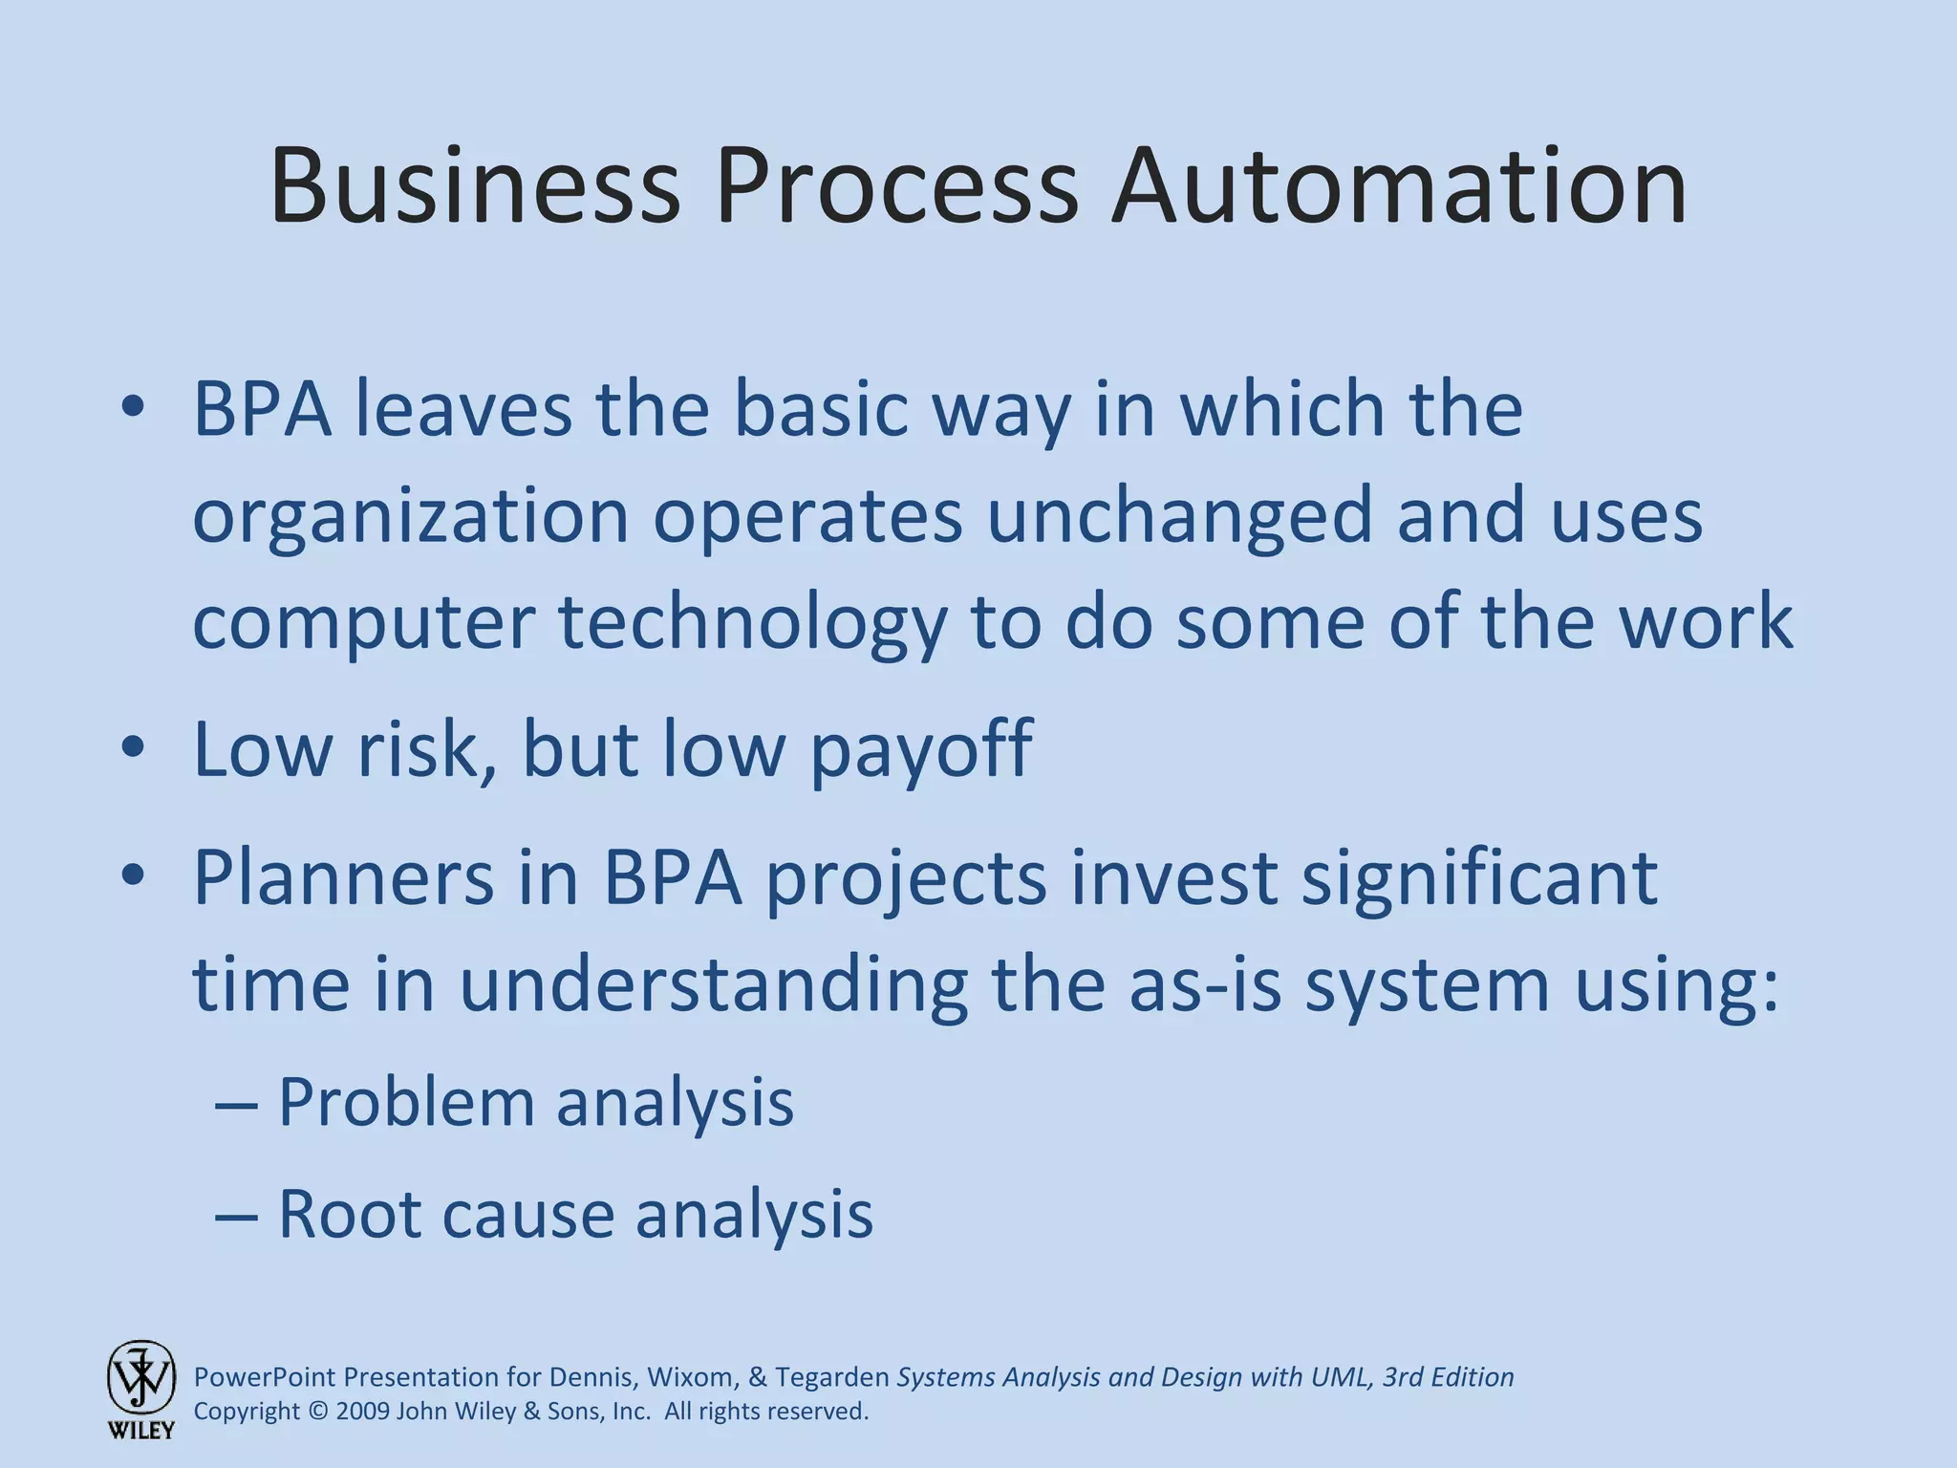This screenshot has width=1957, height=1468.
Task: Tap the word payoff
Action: coord(921,750)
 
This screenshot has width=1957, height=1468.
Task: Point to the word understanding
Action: coord(714,984)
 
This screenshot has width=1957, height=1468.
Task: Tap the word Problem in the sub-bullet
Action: coord(406,1102)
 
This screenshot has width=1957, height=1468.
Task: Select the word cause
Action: coord(527,1216)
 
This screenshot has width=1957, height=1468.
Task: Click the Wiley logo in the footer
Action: coord(141,1389)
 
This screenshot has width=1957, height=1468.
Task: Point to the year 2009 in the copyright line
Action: coord(363,1412)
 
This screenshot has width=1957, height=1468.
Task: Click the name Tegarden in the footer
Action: coord(832,1377)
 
